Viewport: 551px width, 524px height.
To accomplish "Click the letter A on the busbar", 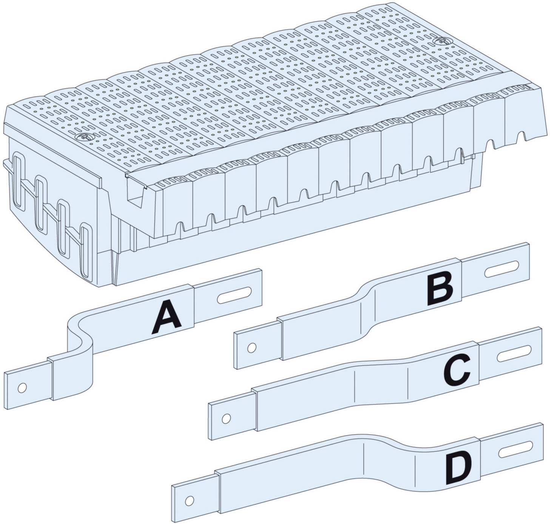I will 167,320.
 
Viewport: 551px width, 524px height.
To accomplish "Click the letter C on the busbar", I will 457,371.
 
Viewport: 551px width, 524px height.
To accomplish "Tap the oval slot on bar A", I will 235,295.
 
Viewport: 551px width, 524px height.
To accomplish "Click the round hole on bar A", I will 22,388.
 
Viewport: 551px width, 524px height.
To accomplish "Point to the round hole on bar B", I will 251,347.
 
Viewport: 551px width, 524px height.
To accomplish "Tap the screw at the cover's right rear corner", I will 441,41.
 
